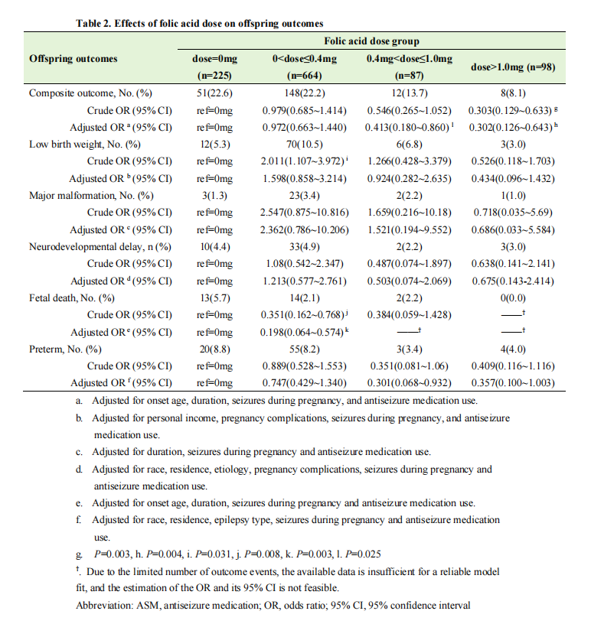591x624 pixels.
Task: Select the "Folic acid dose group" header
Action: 371,41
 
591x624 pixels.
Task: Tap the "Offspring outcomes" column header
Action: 73,58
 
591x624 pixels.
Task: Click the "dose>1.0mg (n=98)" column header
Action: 512,67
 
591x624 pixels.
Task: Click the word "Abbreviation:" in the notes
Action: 106,606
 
